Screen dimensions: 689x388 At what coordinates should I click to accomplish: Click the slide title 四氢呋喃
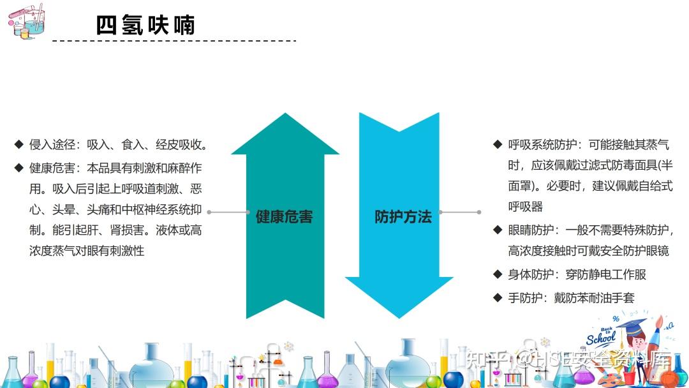145,25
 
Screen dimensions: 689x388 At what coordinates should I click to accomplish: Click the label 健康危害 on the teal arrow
285,216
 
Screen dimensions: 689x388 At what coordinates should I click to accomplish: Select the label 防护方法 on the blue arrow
403,216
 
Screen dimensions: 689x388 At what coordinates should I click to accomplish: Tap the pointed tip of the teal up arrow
285,114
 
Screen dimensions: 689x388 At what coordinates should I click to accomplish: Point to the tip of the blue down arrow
399,318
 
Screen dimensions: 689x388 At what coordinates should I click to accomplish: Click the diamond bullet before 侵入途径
19,144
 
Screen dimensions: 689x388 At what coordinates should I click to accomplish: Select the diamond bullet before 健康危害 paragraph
19,167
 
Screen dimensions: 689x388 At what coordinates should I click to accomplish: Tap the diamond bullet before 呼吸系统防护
498,144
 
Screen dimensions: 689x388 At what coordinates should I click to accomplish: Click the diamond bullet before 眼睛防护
498,229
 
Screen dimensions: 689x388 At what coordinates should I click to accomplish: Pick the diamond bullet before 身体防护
498,274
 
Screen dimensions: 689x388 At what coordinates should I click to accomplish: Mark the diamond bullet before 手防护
498,297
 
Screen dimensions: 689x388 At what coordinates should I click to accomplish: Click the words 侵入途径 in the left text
52,144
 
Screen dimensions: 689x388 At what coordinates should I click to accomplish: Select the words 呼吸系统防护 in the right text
542,144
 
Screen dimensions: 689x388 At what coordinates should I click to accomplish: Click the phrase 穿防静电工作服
605,274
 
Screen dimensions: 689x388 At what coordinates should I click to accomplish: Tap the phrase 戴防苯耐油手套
594,297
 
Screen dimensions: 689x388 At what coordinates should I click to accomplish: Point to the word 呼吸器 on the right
525,207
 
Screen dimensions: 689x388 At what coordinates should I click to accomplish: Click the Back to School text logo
602,336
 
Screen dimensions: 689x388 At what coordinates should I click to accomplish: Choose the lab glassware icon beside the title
26,22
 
